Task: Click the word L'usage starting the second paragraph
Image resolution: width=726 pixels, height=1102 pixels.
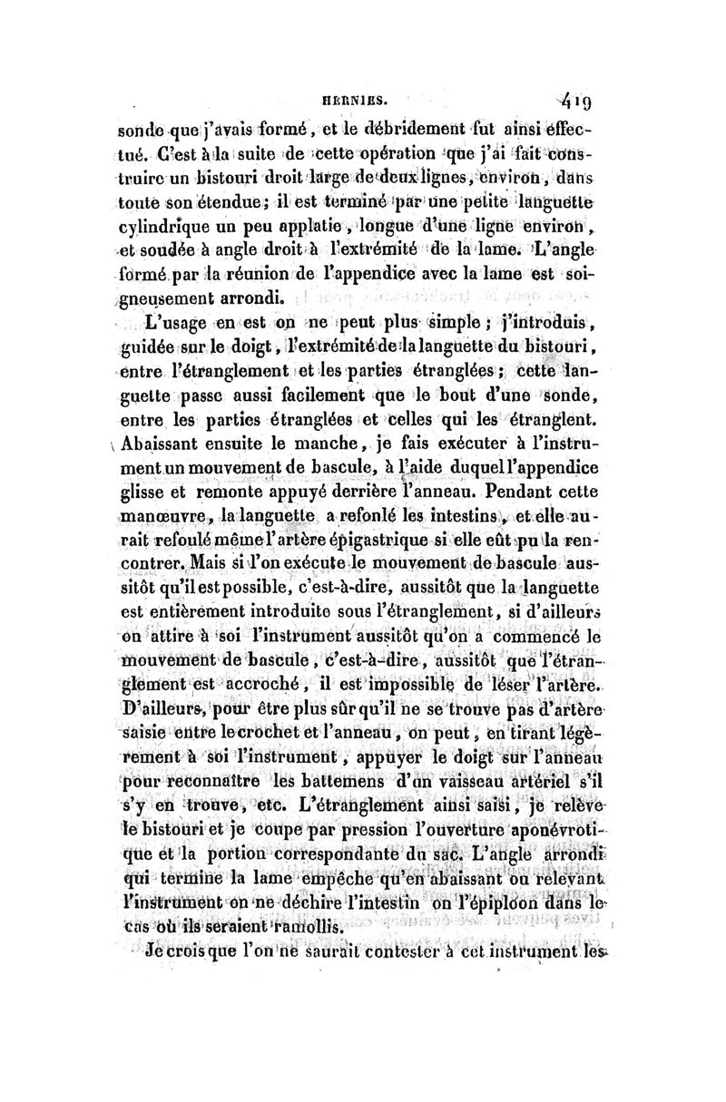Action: (177, 320)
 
